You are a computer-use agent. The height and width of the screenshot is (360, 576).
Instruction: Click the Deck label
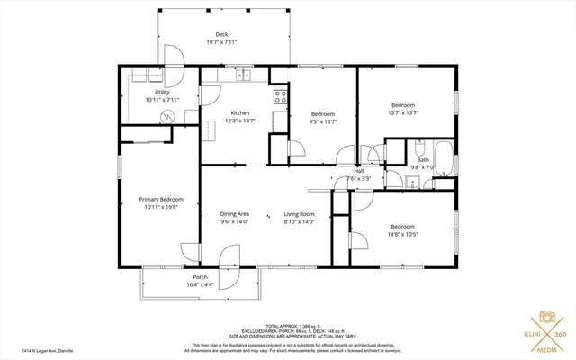coord(220,34)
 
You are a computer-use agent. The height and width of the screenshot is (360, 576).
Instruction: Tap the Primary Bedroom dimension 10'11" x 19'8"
coord(161,207)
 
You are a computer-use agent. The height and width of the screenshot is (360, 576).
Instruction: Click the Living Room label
coord(299,214)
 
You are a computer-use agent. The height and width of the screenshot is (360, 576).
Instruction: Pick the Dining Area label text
coord(235,214)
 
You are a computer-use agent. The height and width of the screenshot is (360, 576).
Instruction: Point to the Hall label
coord(358,170)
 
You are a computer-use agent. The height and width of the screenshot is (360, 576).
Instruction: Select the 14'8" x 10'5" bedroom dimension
coord(402,234)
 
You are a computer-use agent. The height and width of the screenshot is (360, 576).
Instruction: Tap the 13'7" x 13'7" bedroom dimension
coord(402,112)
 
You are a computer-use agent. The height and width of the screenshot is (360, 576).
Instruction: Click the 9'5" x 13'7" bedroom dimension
coord(322,121)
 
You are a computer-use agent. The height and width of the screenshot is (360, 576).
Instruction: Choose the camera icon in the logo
coord(545,318)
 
